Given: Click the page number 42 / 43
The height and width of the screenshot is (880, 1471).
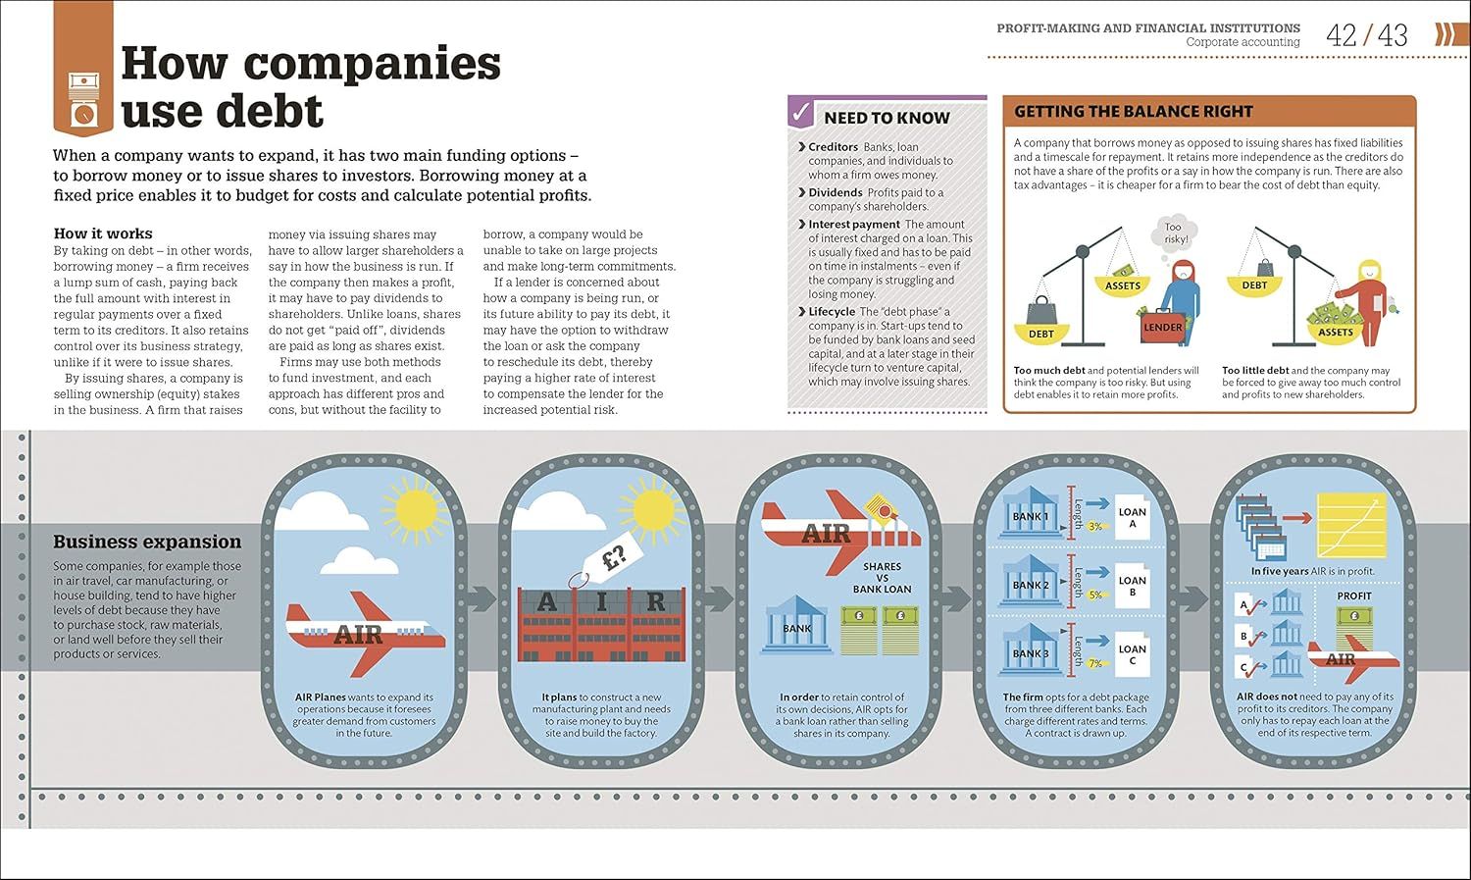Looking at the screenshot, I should (1366, 36).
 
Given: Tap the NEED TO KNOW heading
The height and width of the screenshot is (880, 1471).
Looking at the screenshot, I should (887, 118).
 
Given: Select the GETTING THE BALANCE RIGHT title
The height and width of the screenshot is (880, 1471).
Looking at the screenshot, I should (1134, 112).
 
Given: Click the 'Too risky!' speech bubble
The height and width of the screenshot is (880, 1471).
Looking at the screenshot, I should (1175, 233).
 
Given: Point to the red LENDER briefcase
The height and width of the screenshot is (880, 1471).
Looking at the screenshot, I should (1163, 328).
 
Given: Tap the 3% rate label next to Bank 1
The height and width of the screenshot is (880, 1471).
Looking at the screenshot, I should (1095, 527).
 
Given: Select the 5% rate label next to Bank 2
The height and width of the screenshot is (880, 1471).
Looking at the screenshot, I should (1095, 595).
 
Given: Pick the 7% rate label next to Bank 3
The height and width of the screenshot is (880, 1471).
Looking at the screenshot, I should (1095, 664).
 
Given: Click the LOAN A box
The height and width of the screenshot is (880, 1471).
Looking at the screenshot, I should (1132, 518).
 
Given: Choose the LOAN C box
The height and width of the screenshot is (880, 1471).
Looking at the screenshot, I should (1132, 654).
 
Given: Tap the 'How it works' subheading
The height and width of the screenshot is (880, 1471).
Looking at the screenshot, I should (103, 233).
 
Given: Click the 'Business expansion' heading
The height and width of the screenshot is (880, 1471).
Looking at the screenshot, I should (147, 542).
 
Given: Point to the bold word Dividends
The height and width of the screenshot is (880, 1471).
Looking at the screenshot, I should (836, 192).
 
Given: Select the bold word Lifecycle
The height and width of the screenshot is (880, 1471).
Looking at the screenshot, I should (832, 311).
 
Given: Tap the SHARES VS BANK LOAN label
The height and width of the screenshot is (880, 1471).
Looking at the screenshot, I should (882, 578).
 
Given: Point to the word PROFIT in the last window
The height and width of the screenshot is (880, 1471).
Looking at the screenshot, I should (1354, 595).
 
